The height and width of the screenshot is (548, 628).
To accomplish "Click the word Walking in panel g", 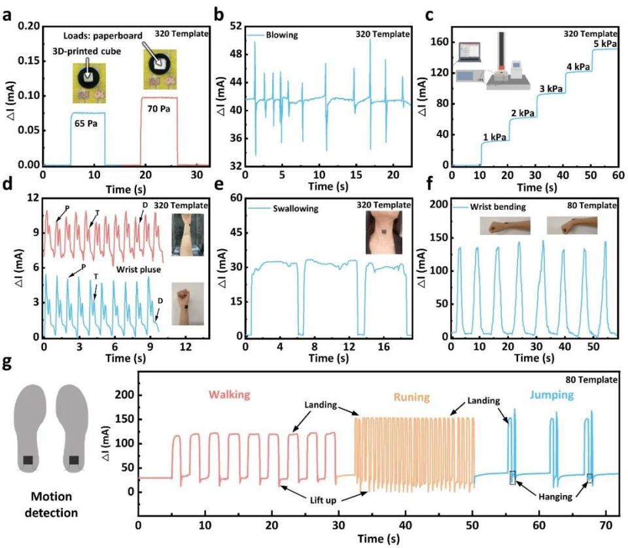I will point(230,395).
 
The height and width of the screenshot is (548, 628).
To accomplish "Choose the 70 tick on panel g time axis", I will point(605,524).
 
